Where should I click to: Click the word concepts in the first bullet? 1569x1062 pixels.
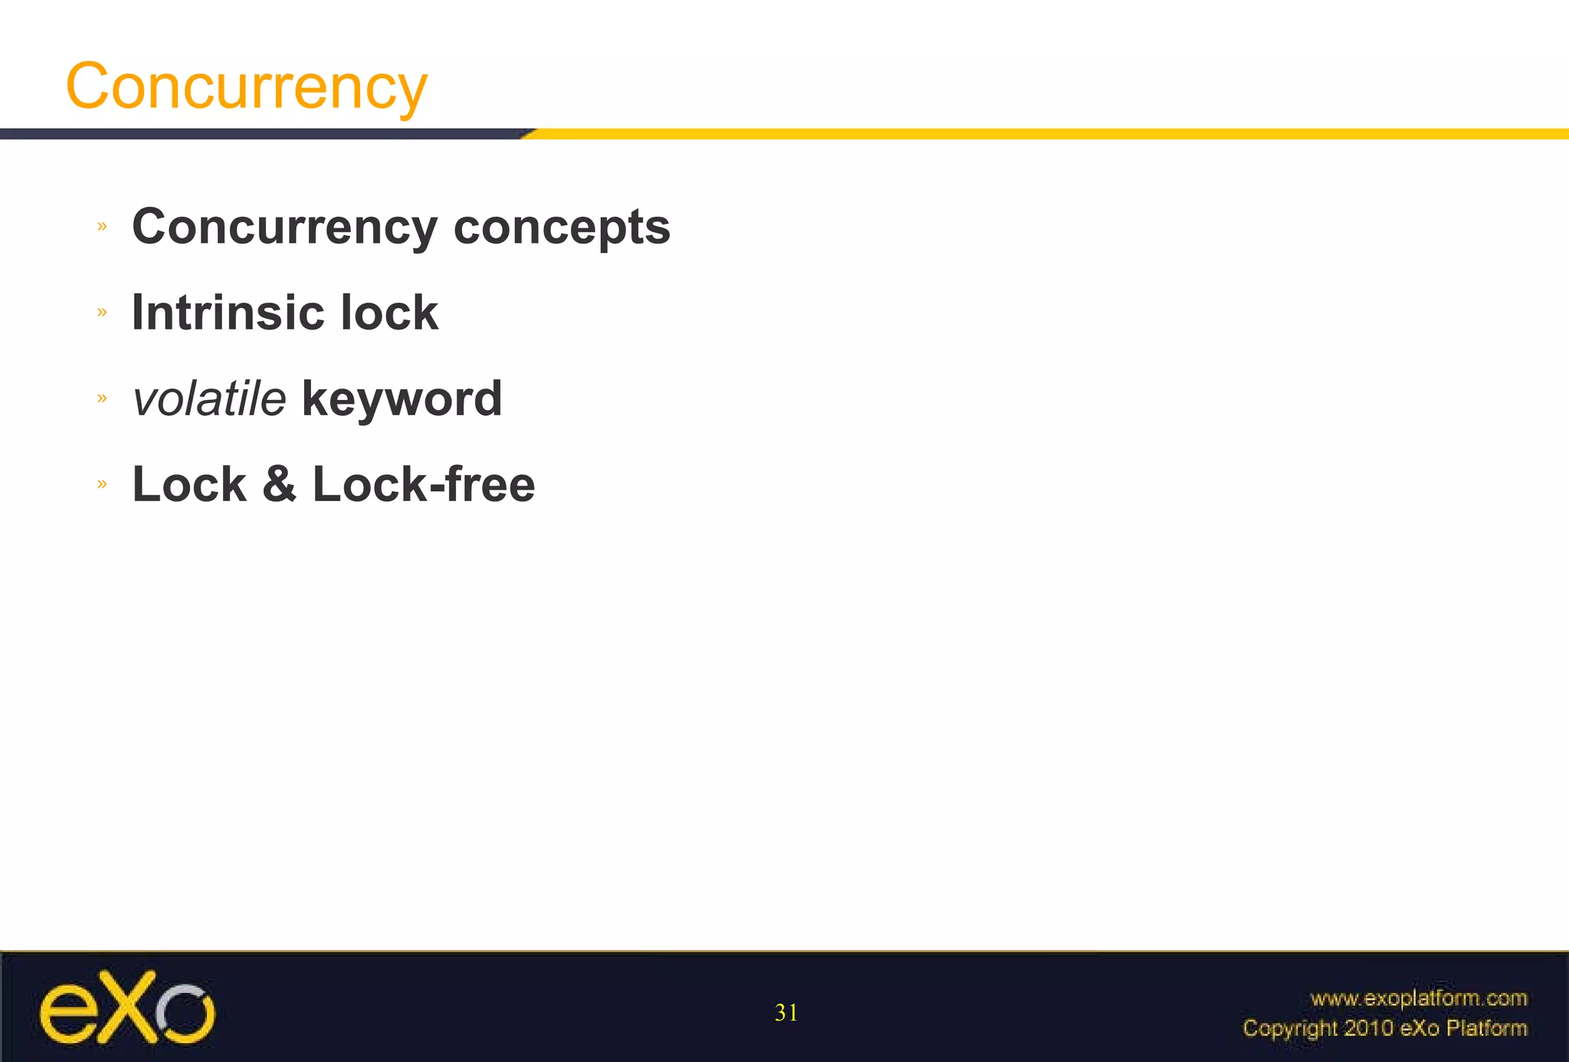click(562, 228)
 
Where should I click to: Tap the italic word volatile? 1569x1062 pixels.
click(209, 399)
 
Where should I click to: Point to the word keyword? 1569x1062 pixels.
click(402, 399)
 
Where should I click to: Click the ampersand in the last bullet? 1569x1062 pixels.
click(279, 484)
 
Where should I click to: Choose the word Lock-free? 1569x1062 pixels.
click(424, 484)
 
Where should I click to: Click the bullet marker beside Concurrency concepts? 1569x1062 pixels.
click(102, 226)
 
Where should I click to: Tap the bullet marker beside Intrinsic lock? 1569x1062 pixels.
click(102, 312)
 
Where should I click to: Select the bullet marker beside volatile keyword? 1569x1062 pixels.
click(102, 398)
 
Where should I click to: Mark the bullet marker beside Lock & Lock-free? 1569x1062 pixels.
click(102, 483)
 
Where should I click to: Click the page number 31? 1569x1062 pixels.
click(786, 1013)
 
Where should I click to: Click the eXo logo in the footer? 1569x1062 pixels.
click(127, 1008)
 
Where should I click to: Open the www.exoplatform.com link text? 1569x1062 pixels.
click(1418, 998)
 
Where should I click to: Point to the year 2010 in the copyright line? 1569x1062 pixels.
click(1369, 1028)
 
